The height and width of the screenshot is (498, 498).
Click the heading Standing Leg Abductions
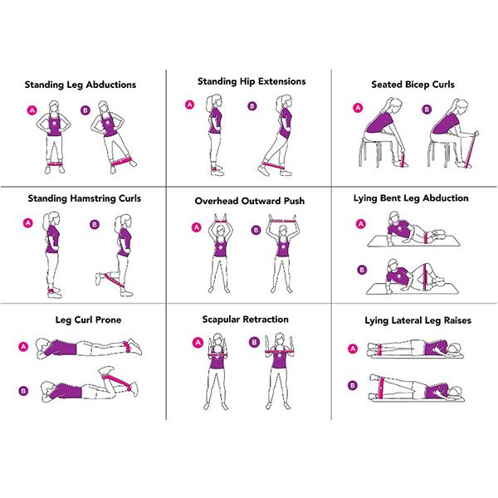[81, 85]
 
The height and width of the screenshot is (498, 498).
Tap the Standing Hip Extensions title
[251, 81]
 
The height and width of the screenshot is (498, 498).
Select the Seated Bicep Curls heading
[413, 85]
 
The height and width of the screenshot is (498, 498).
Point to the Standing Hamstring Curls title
[85, 198]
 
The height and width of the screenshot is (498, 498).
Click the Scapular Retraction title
[246, 320]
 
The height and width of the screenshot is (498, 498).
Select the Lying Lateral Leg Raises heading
[413, 320]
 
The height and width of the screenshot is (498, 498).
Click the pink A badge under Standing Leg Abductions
[32, 110]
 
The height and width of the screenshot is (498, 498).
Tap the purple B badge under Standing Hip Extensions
[252, 106]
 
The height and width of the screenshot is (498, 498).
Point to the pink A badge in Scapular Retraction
[198, 342]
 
